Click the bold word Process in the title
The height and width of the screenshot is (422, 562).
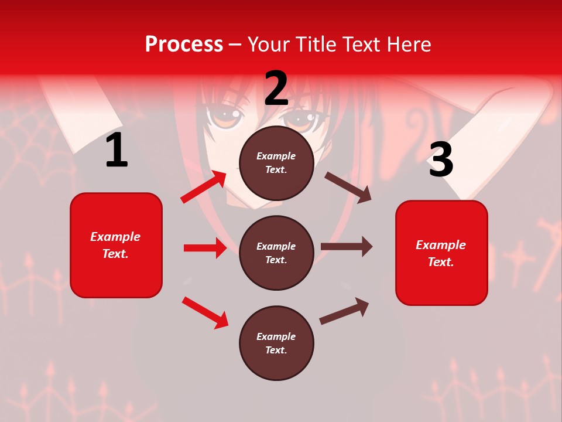point(184,45)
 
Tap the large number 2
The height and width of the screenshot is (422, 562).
point(276,88)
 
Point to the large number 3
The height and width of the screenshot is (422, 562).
point(441,159)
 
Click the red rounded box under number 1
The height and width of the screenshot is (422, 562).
point(116,245)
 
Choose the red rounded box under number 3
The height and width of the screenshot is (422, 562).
point(441,253)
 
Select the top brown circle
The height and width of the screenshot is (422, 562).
point(276,162)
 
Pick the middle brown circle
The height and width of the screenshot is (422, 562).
point(276,253)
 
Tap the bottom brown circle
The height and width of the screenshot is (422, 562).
point(276,343)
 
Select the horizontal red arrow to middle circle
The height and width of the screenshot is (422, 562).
point(205,248)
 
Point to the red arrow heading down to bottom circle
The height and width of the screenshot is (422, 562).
point(205,312)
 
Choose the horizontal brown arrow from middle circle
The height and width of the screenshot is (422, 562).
point(347,247)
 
